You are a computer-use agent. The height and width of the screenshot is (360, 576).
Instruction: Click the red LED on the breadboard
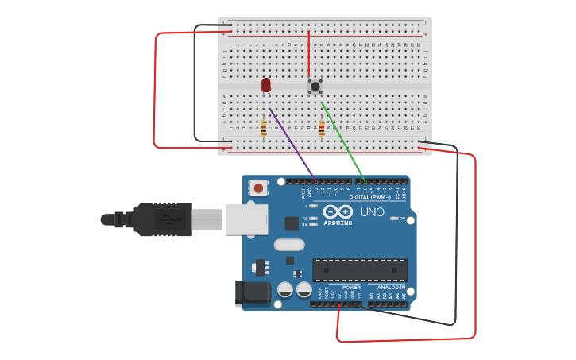click(265, 84)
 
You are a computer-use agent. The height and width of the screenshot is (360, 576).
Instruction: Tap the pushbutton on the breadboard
click(315, 85)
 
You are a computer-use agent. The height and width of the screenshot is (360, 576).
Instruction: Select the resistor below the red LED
click(264, 128)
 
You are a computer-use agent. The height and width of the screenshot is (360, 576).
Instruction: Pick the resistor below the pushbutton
click(322, 128)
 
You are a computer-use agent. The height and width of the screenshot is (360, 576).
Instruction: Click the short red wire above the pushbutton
click(309, 52)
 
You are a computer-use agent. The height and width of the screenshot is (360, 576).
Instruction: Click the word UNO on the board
click(372, 212)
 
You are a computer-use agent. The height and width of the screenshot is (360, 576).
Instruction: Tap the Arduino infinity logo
click(338, 212)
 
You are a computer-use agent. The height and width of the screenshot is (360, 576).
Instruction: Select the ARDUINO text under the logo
click(338, 223)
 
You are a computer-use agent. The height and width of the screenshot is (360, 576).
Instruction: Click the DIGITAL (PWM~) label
click(370, 197)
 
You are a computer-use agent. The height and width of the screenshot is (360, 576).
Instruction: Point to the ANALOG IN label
click(391, 287)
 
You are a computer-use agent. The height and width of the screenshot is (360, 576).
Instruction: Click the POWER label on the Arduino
click(351, 287)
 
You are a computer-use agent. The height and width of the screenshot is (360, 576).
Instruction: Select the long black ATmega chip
click(360, 270)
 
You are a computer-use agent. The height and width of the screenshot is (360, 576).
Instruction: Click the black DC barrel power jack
click(253, 293)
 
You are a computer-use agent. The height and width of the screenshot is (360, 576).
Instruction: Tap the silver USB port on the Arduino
click(246, 219)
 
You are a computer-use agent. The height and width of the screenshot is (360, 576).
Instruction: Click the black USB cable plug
click(163, 219)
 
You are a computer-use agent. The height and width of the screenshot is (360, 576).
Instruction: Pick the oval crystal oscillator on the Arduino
click(289, 245)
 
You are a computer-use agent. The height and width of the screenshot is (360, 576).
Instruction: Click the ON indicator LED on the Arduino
click(394, 219)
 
